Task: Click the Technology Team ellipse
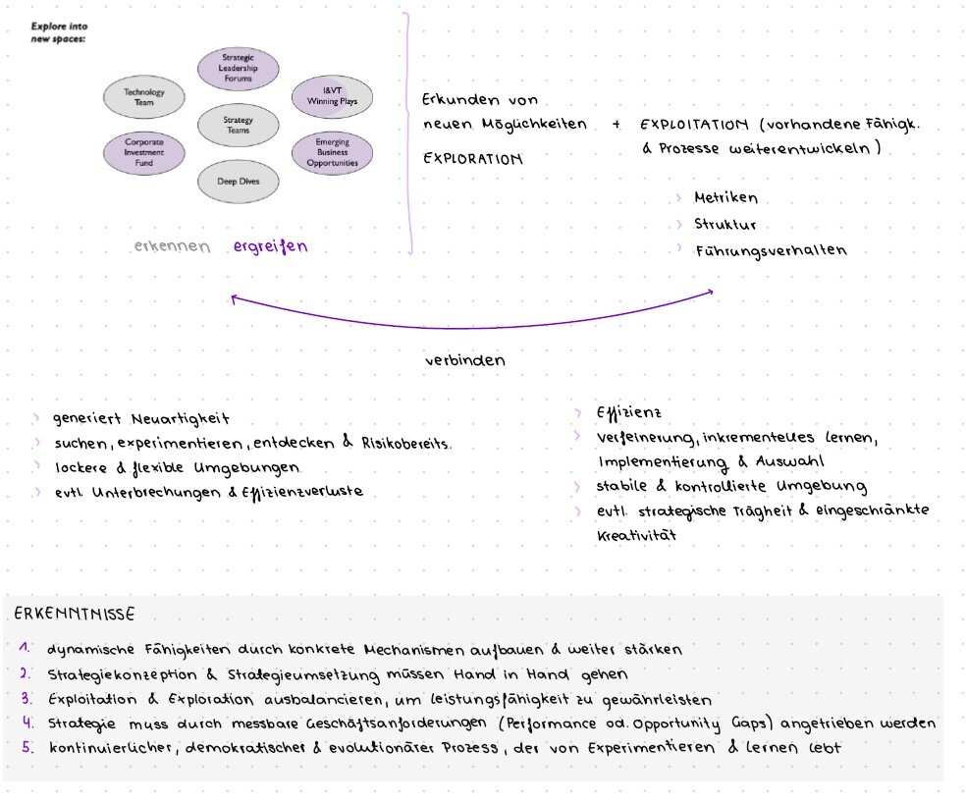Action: coord(144,96)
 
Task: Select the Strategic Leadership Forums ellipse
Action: coord(237,68)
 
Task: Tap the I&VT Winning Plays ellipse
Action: coord(332,95)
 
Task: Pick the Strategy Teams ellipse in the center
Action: coord(238,125)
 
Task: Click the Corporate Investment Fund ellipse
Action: coord(144,153)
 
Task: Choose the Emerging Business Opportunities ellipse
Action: coord(332,153)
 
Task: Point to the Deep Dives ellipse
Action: coord(238,181)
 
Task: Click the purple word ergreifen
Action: coord(270,246)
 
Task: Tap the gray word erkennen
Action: coord(173,246)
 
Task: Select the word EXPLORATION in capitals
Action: coord(472,158)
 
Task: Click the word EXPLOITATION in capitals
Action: coord(694,126)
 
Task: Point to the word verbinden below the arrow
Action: coord(464,360)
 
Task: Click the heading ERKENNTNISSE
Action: coord(75,615)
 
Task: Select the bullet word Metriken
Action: coord(725,198)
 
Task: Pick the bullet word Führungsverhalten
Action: coord(770,250)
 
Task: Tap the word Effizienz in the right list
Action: coord(628,412)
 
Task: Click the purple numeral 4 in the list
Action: coord(27,723)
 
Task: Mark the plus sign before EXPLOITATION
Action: coord(617,125)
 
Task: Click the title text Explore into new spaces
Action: coord(58,33)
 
